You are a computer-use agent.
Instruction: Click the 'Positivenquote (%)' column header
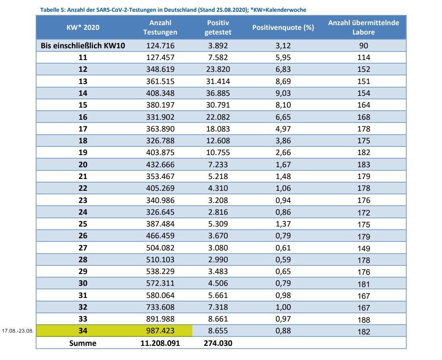(283, 27)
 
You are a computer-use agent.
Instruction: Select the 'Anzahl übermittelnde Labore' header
(363, 27)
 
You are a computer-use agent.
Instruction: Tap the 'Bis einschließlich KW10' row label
(82, 46)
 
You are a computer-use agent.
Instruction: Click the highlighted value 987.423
(160, 331)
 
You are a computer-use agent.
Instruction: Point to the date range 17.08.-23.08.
(18, 331)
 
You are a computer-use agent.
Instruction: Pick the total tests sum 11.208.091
(160, 343)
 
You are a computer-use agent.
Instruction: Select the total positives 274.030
(218, 343)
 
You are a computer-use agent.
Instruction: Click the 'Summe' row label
(82, 343)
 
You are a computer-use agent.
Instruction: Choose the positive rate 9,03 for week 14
(283, 93)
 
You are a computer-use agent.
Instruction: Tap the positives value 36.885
(218, 93)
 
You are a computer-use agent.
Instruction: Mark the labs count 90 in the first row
(363, 46)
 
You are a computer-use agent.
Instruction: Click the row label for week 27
(82, 248)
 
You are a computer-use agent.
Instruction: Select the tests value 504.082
(160, 248)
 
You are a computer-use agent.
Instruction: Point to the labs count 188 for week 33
(363, 320)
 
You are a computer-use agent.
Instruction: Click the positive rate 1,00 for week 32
(283, 307)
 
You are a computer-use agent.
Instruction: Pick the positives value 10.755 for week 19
(218, 152)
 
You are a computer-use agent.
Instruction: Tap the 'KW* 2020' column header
(82, 27)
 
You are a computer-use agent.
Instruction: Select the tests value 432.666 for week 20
(160, 164)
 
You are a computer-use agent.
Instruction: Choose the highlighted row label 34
(82, 331)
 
